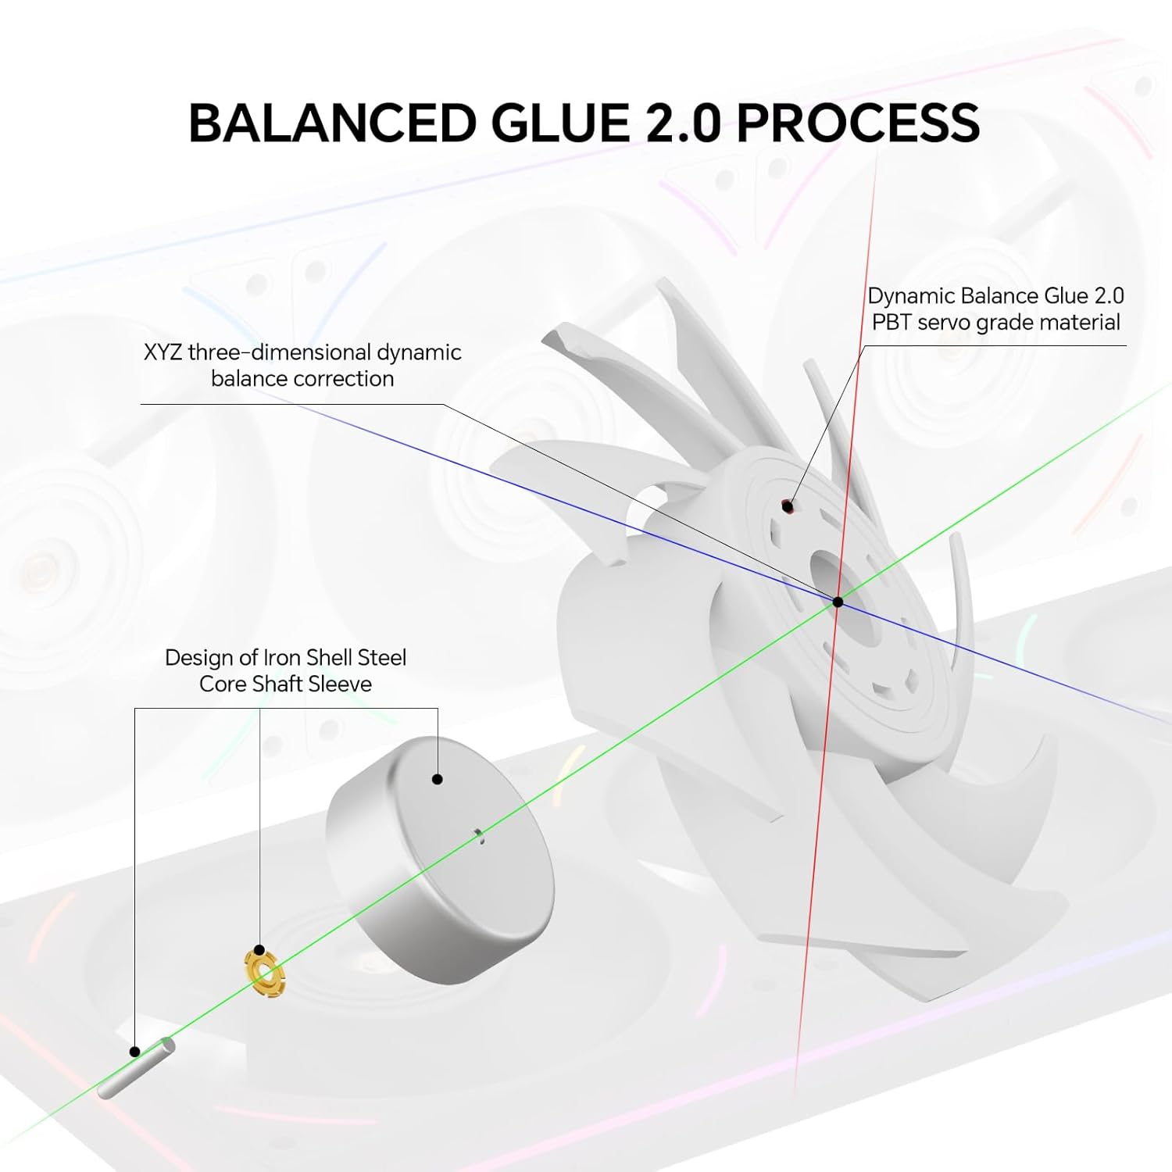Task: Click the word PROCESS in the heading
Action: pos(858,123)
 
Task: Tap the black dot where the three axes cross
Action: pos(838,602)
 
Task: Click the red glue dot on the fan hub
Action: pos(788,507)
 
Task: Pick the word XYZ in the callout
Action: pos(163,352)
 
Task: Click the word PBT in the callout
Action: pos(892,323)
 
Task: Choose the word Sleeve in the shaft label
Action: pos(338,684)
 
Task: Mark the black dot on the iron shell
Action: pos(438,779)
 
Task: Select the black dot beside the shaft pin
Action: pos(135,1052)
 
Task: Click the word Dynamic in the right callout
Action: pos(911,296)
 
